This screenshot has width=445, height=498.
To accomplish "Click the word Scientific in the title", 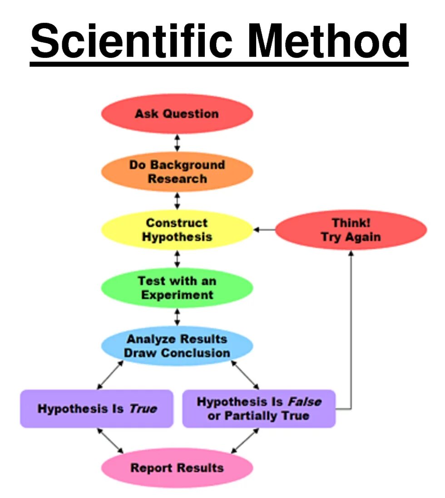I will pyautogui.click(x=132, y=41).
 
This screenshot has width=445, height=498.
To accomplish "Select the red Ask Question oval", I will pyautogui.click(x=177, y=114).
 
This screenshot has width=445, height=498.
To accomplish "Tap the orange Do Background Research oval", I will pyautogui.click(x=177, y=171).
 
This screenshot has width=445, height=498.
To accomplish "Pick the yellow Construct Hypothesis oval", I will pyautogui.click(x=177, y=230).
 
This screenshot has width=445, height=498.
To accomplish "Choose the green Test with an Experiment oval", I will pyautogui.click(x=177, y=288).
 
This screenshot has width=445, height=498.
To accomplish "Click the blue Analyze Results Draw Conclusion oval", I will pyautogui.click(x=177, y=346).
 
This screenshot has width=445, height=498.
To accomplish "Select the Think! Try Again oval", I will pyautogui.click(x=351, y=230).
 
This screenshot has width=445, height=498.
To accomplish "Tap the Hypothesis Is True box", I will pyautogui.click(x=97, y=408).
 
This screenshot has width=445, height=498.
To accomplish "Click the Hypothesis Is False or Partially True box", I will pyautogui.click(x=259, y=408).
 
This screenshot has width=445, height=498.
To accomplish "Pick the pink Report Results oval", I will pyautogui.click(x=177, y=468).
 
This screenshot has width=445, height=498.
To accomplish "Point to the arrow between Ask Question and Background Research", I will pyautogui.click(x=177, y=142).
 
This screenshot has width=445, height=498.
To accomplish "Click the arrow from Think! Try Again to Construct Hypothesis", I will pyautogui.click(x=264, y=230).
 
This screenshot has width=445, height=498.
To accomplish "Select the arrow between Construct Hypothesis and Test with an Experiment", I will pyautogui.click(x=177, y=259).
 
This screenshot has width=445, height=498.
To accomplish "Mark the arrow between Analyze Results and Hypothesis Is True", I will pyautogui.click(x=110, y=375).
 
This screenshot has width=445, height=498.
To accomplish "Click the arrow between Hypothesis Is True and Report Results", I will pyautogui.click(x=110, y=441).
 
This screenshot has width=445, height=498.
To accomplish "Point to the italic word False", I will pyautogui.click(x=304, y=402).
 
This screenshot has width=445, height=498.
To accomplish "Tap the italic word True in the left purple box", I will pyautogui.click(x=143, y=408).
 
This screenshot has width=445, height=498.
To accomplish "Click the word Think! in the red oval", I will pyautogui.click(x=351, y=223).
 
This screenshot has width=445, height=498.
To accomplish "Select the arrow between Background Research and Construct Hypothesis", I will pyautogui.click(x=177, y=201).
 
